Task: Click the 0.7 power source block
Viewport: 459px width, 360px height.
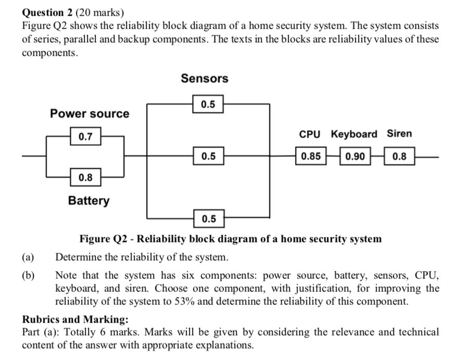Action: tap(85, 137)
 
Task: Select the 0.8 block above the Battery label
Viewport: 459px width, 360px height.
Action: tap(85, 178)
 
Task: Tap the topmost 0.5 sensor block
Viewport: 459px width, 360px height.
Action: tap(208, 104)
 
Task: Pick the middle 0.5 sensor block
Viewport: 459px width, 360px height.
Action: tap(208, 156)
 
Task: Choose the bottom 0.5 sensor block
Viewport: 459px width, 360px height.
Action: tap(208, 218)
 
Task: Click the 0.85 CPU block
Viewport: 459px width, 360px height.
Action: tap(311, 156)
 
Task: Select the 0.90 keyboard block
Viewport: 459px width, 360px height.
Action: tap(355, 156)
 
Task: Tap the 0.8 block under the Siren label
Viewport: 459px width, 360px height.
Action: tap(400, 156)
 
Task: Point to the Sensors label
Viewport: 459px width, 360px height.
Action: tap(205, 79)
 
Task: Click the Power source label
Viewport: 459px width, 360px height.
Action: tap(90, 113)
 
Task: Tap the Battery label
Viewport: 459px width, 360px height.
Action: tap(89, 200)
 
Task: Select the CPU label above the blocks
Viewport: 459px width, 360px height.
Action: tap(310, 134)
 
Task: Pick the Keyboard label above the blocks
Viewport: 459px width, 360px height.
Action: tap(354, 134)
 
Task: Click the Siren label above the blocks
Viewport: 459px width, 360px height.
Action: tap(399, 134)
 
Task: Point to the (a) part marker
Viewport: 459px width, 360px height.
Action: tap(28, 257)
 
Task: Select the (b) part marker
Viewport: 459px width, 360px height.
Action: tap(28, 276)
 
